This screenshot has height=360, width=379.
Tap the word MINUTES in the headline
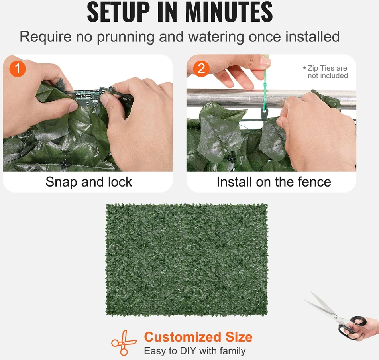click(x=229, y=12)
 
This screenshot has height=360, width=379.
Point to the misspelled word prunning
click(x=126, y=37)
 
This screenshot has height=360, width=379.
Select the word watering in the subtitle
click(x=216, y=37)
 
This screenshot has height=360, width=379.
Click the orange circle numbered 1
click(x=18, y=69)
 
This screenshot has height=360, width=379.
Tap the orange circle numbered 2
click(x=201, y=69)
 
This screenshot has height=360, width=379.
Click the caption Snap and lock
click(x=89, y=182)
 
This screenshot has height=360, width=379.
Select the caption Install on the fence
click(x=274, y=182)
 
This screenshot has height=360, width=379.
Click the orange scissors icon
click(x=124, y=342)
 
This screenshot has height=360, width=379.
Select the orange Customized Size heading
click(x=198, y=337)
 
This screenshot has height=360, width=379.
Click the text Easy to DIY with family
click(x=195, y=351)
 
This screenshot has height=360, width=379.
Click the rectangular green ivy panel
click(x=187, y=260)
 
